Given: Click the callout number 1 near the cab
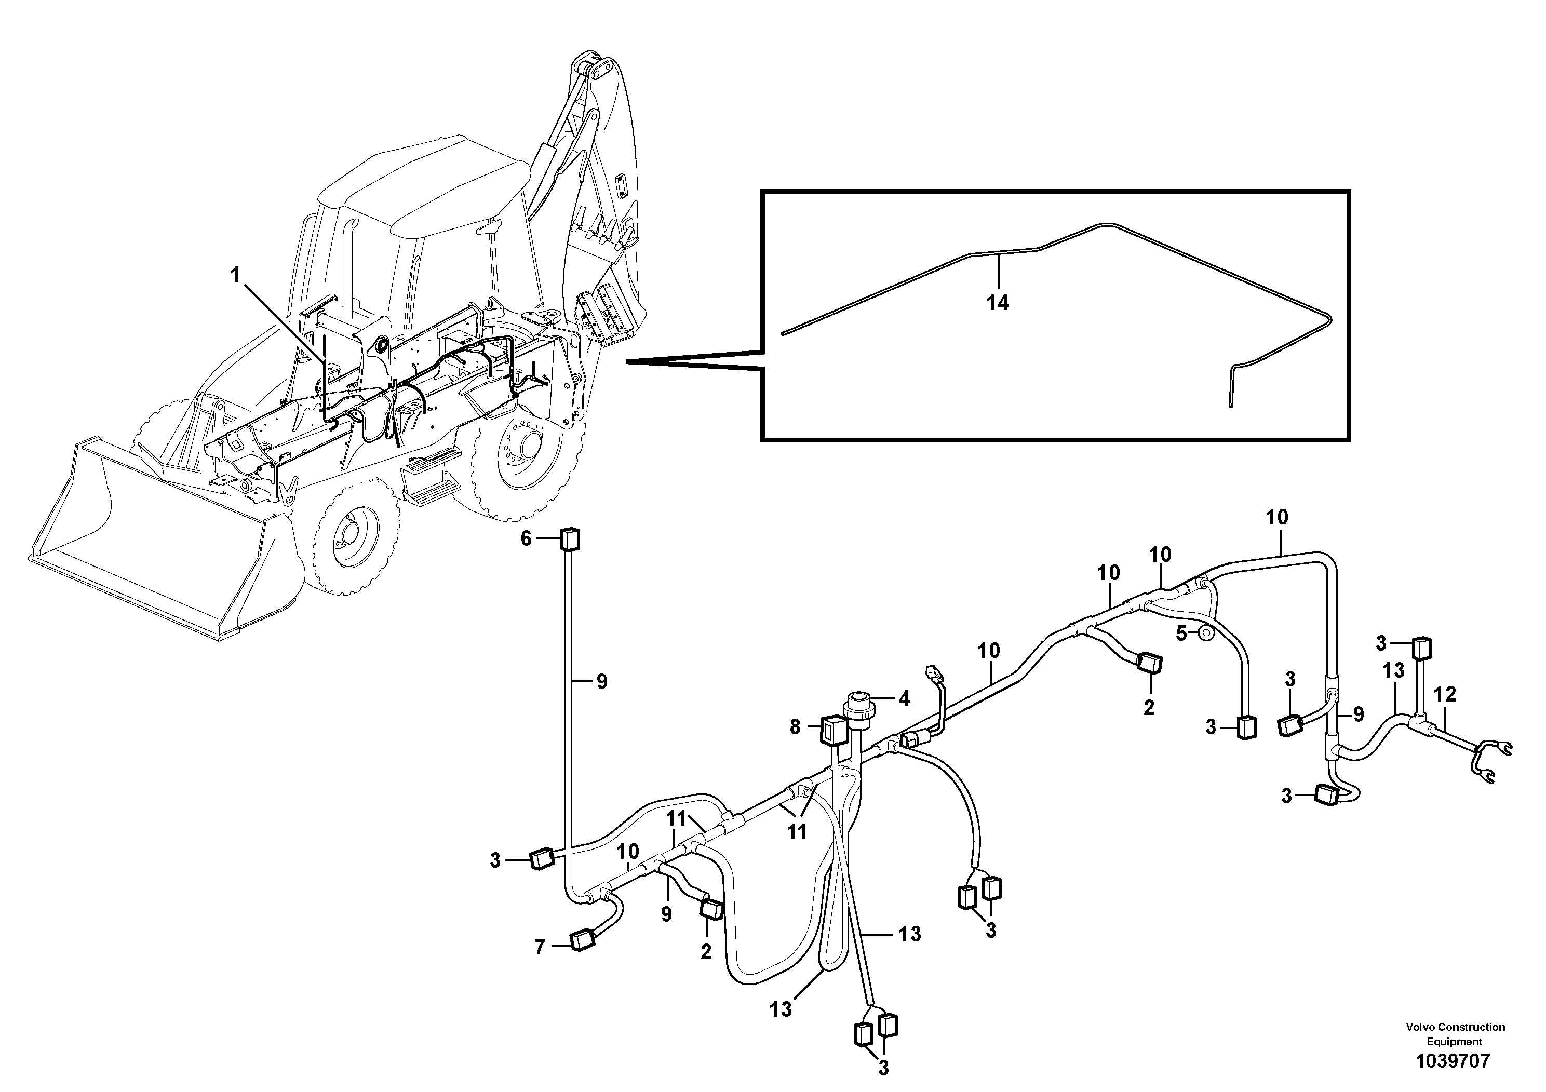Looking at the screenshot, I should [x=235, y=275].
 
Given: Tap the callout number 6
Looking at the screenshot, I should [x=526, y=538].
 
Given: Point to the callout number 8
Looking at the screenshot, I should [x=795, y=726].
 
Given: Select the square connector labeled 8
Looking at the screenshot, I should [x=832, y=729].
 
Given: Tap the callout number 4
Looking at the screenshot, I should [x=904, y=699].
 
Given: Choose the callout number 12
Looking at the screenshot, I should [x=1445, y=694].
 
